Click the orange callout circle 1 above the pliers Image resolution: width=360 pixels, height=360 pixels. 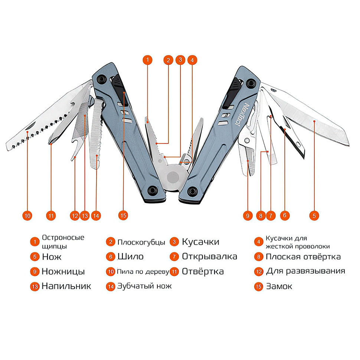[148, 60]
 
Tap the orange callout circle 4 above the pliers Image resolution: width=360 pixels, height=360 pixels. [192, 60]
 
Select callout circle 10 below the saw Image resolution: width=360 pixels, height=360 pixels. [27, 216]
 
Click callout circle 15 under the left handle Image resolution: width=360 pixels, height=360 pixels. [123, 216]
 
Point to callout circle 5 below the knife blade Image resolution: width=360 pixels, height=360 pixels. [314, 216]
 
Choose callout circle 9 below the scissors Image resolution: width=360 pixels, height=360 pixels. [248, 216]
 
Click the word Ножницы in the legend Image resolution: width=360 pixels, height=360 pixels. [63, 272]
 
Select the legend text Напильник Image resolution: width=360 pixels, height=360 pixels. [66, 286]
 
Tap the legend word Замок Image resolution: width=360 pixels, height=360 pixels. [279, 286]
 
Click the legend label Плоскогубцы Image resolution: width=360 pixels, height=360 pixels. [141, 242]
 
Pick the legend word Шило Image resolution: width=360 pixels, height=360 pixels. [130, 256]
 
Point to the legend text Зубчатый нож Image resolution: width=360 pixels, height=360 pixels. [144, 286]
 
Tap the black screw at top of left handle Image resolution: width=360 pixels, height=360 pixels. [101, 79]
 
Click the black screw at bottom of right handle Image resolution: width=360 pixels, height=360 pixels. [192, 191]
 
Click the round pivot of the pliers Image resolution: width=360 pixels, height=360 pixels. [173, 177]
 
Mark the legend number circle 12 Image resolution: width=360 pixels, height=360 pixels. [259, 272]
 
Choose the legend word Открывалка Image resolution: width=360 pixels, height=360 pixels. [209, 256]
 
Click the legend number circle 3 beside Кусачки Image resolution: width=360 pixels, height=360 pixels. [174, 242]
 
